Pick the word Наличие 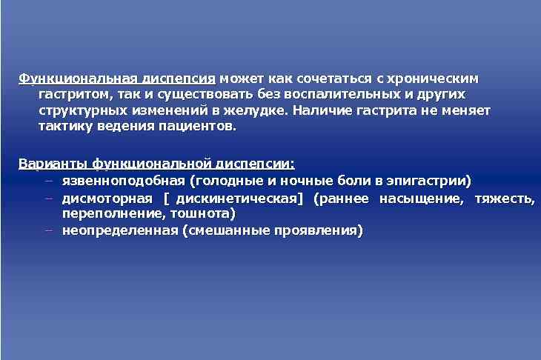[x=319, y=110]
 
